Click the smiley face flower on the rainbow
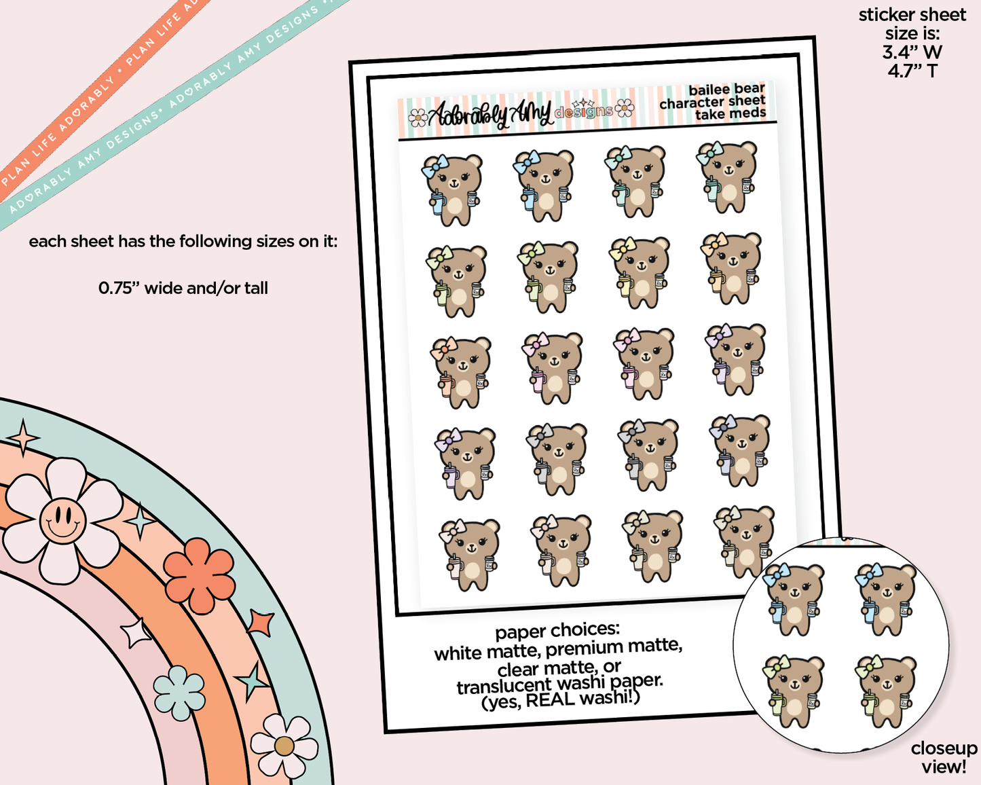[x=62, y=519]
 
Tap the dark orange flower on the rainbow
[x=199, y=575]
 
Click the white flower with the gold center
[x=284, y=746]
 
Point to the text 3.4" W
[x=912, y=52]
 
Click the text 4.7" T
[x=912, y=71]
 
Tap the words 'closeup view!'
[x=944, y=757]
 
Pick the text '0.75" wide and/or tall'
[x=183, y=288]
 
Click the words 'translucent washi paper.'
[x=559, y=683]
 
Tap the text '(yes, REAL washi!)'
[x=561, y=699]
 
